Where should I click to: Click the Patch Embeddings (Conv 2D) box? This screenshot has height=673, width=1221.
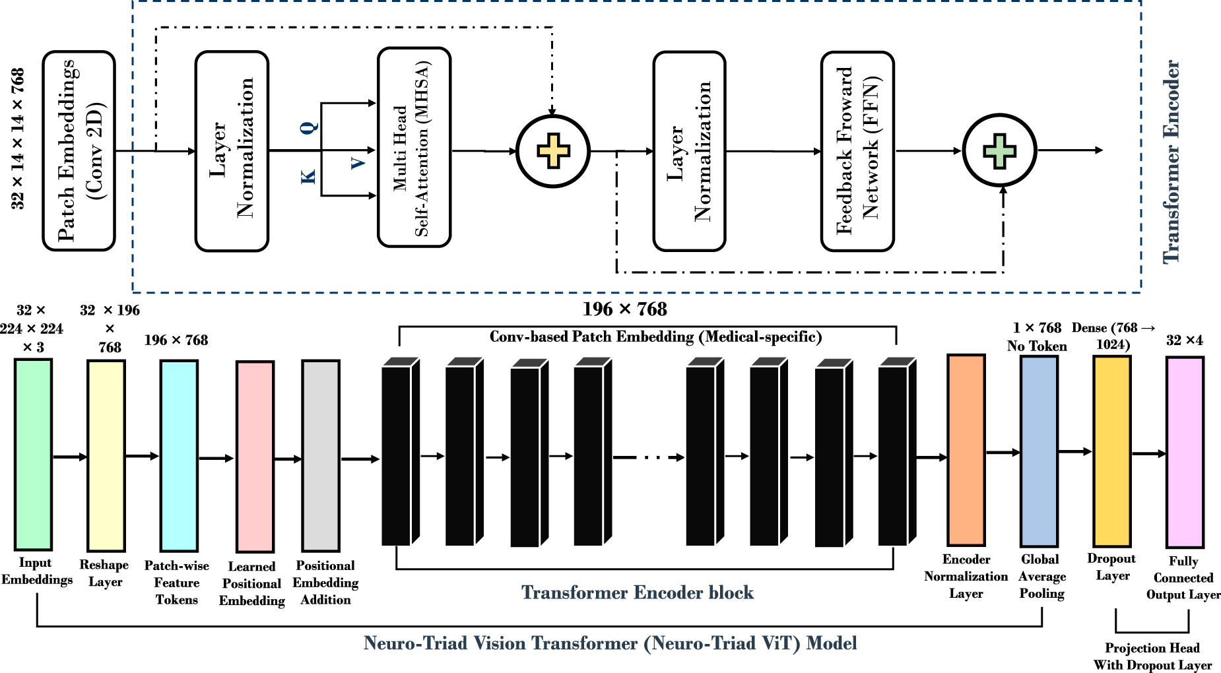tap(79, 151)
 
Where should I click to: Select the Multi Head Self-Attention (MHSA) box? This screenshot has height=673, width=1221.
tap(414, 147)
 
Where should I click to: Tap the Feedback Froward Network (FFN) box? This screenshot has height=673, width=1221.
tap(857, 151)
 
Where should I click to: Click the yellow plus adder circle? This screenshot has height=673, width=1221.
tap(553, 151)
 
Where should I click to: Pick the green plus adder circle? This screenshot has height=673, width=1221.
tap(1000, 150)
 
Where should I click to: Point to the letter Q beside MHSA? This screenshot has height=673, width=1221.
tap(310, 127)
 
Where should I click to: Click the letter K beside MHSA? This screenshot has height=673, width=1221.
tap(308, 176)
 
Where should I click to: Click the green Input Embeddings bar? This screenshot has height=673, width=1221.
tap(33, 454)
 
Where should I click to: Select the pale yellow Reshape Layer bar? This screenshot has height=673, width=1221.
tap(106, 455)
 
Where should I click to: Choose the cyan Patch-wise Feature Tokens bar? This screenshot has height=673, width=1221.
tap(179, 455)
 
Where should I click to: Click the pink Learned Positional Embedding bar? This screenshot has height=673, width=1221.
tap(255, 457)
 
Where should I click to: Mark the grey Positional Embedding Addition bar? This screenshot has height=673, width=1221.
tap(321, 455)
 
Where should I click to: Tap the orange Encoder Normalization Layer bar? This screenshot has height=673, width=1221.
tap(966, 450)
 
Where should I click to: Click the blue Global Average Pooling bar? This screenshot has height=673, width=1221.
tap(1039, 451)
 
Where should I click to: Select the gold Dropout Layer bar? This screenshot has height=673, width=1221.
tap(1112, 451)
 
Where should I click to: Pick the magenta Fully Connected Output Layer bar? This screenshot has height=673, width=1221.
tap(1185, 453)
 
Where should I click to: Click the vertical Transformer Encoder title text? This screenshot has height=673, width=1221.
tap(1171, 162)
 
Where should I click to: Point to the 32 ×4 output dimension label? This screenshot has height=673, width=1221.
tap(1185, 340)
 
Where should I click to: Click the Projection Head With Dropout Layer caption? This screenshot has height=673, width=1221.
tap(1152, 657)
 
